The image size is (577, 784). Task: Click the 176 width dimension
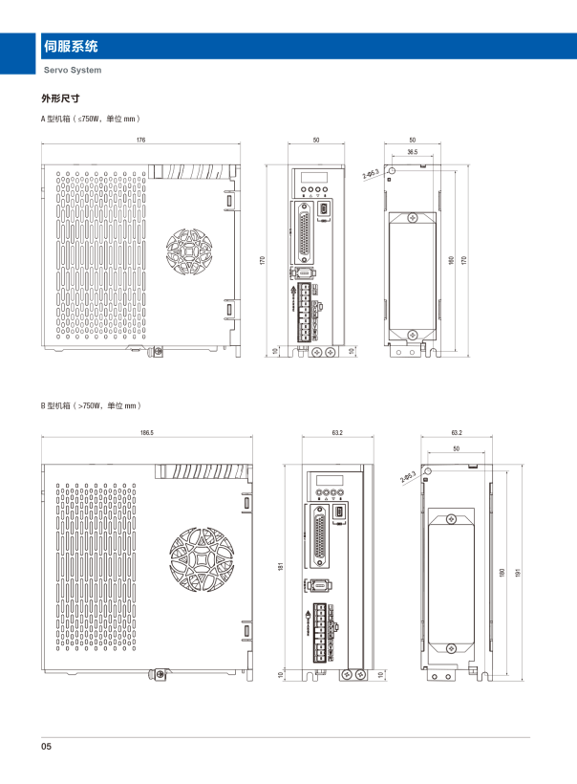pyautogui.click(x=140, y=141)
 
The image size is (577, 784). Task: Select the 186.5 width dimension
pyautogui.click(x=146, y=433)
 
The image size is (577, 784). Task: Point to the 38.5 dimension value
pyautogui.click(x=412, y=151)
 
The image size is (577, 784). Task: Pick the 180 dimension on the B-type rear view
pyautogui.click(x=502, y=572)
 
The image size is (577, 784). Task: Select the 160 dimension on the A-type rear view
pyautogui.click(x=451, y=260)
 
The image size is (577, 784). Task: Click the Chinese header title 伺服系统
pyautogui.click(x=72, y=46)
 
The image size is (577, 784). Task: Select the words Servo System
pyautogui.click(x=73, y=70)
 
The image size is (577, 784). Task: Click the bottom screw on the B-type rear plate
pyautogui.click(x=449, y=645)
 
